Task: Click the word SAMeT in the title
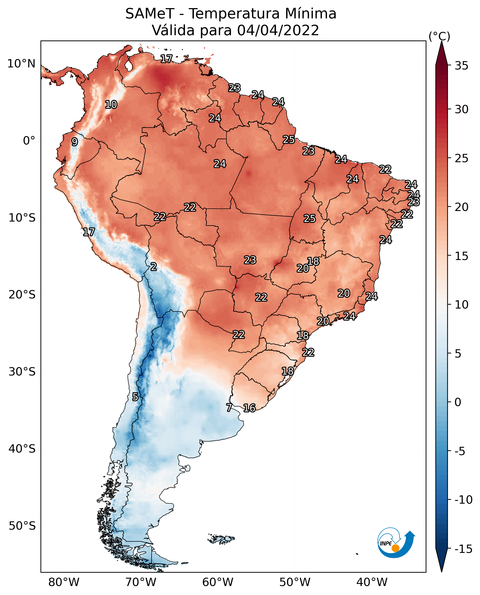(150, 14)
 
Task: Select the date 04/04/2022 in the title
(278, 30)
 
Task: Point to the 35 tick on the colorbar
(461, 66)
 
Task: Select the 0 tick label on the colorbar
(458, 402)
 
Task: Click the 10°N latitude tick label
(21, 64)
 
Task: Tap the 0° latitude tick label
(29, 141)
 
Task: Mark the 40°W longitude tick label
(372, 582)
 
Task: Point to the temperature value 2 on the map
(154, 267)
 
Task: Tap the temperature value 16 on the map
(249, 408)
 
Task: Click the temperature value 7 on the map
(229, 407)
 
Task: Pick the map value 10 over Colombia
(111, 105)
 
